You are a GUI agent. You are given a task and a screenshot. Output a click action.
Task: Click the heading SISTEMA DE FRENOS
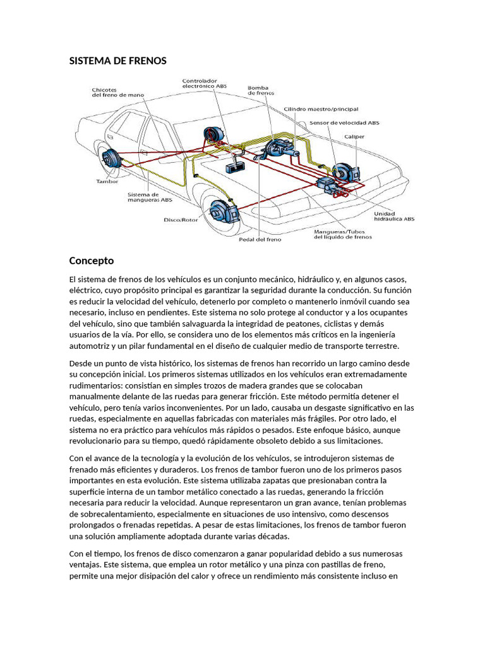point(117,61)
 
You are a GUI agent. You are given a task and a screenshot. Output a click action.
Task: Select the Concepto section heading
point(91,260)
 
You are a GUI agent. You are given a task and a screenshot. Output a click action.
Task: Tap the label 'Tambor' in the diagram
point(107,182)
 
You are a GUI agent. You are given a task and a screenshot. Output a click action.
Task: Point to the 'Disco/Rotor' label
point(181,220)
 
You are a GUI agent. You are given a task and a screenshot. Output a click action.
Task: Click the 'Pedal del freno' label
point(260,239)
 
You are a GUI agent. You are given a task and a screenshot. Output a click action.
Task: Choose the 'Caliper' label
point(354,136)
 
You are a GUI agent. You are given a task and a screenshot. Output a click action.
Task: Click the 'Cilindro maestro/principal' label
point(320,109)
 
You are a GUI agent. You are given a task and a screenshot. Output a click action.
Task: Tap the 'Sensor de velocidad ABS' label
point(344,122)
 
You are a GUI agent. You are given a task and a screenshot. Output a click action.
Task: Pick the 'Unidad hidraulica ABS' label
point(395,216)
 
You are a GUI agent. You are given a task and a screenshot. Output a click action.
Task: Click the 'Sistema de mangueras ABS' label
point(150,197)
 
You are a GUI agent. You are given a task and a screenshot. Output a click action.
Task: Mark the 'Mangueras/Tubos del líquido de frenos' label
point(343,234)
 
